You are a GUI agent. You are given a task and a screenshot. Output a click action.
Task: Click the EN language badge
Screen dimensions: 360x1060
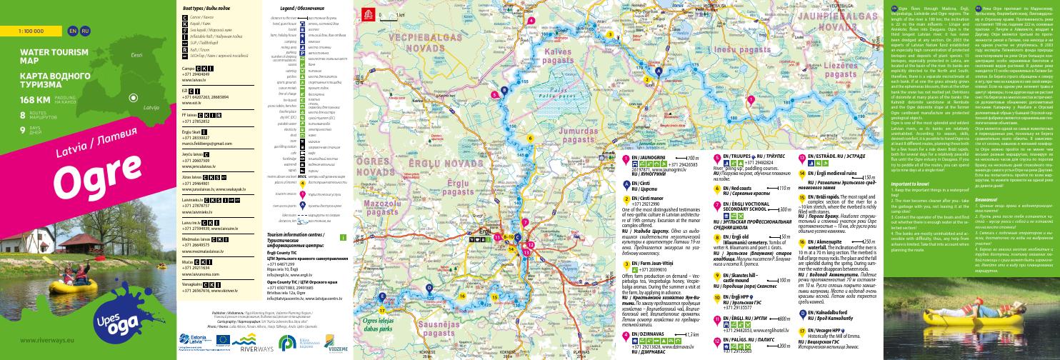pos(71,32)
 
